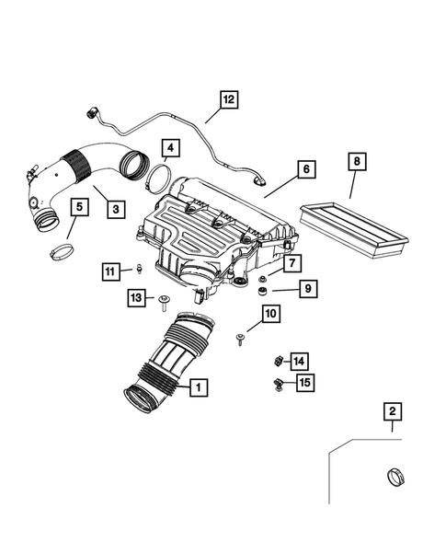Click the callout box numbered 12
[x=228, y=99]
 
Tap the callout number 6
[x=305, y=170]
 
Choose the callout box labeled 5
[x=79, y=208]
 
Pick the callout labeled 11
[x=110, y=271]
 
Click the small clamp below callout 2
[x=393, y=479]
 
